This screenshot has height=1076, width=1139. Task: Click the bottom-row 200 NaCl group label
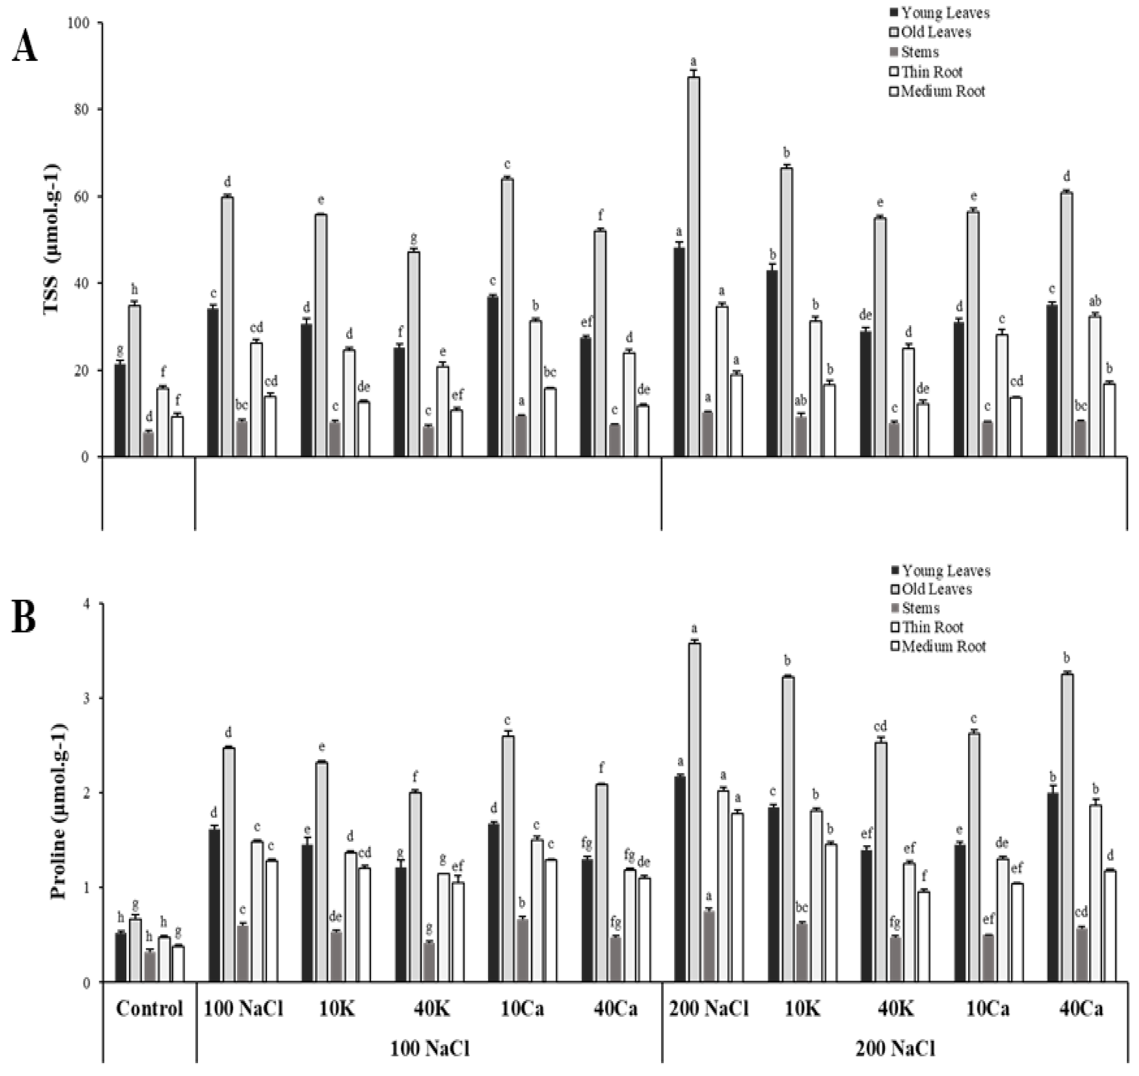click(895, 1048)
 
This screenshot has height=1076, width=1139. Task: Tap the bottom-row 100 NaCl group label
click(429, 1048)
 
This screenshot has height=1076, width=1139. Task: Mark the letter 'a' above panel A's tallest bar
click(693, 61)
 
